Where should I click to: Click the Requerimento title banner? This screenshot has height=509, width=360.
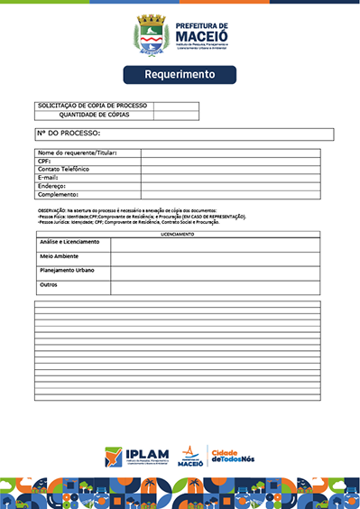[180, 74]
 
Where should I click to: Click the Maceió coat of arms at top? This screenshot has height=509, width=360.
[152, 35]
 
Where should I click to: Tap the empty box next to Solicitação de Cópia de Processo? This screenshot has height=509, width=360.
[176, 106]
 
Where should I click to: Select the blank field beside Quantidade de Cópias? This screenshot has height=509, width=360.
[176, 116]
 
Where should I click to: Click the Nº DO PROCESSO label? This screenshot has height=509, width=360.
[69, 134]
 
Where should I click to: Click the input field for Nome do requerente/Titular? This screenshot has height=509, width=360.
[230, 153]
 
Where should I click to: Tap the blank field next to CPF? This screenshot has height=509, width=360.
[230, 161]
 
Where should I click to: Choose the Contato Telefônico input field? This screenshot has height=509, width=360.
[230, 169]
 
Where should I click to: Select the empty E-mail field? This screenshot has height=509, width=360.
[230, 178]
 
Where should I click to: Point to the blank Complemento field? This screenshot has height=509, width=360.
[230, 194]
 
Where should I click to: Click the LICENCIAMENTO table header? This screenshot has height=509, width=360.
[178, 235]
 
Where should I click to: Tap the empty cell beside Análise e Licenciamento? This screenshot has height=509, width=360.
[215, 245]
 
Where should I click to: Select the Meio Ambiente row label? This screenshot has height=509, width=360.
[60, 256]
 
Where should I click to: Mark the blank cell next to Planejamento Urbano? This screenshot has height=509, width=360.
[215, 273]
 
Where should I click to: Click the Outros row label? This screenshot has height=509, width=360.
[49, 285]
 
